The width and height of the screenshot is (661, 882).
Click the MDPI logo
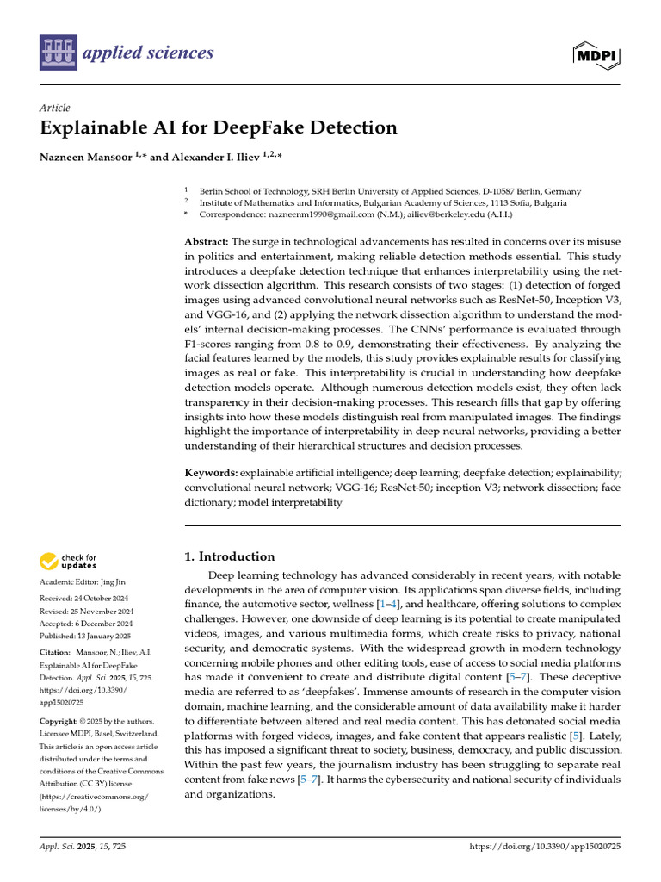tap(597, 54)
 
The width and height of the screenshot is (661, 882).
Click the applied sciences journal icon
tap(58, 53)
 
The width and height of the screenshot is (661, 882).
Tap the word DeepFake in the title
tap(267, 128)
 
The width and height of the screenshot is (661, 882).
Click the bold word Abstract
tap(207, 242)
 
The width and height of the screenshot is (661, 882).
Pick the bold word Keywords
tap(211, 473)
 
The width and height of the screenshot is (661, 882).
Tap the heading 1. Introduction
tap(231, 556)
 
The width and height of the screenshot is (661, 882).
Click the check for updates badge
tap(69, 562)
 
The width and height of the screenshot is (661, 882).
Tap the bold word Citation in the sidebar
tap(56, 654)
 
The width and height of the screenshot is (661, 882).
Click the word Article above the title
tap(54, 107)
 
